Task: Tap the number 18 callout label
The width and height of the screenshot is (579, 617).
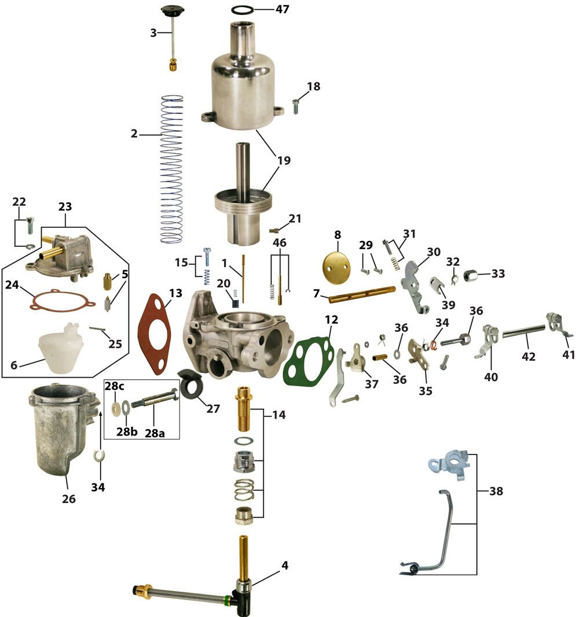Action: click(x=313, y=86)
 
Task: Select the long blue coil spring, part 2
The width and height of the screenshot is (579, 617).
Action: click(x=172, y=169)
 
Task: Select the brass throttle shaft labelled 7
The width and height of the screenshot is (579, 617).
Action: click(x=362, y=294)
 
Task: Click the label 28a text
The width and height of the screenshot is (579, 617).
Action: click(x=155, y=433)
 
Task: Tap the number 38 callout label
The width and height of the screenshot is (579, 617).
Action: click(x=496, y=491)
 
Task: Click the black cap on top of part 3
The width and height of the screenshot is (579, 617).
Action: click(x=173, y=10)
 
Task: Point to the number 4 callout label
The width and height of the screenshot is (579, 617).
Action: click(x=285, y=566)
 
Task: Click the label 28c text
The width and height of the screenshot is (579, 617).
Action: click(x=114, y=386)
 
